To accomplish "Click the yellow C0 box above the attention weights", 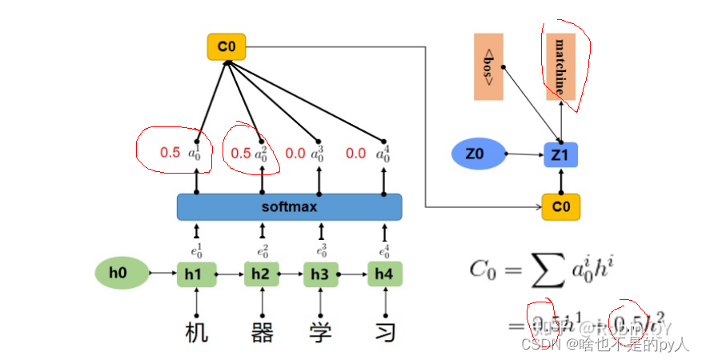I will pos(226,47).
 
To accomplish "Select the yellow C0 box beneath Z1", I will pos(560,207).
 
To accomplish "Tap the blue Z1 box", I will pos(560,154).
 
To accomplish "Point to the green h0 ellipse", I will pos(122,274).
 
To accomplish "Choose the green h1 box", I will pos(196,274).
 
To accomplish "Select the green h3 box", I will pos(320,274).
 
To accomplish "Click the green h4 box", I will pos(384,274).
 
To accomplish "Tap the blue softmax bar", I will pos(289,206).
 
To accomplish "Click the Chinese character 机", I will pos(196,330).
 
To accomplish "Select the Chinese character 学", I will pos(321,330).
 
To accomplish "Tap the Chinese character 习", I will pos(385,330).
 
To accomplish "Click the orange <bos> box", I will pos(488,66).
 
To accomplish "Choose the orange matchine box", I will pos(560,66).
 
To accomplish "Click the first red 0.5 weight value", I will pos(170,152).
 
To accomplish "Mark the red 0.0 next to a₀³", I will pos(295,152).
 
